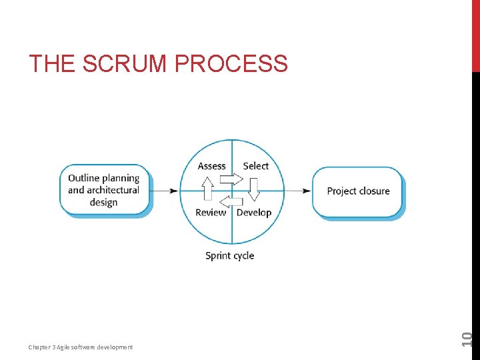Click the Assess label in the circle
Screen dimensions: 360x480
212,166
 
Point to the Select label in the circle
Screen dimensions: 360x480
255,166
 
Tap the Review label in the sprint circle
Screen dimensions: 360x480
211,213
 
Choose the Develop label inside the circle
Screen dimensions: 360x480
254,213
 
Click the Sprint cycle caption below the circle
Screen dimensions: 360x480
229,255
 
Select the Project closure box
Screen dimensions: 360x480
358,191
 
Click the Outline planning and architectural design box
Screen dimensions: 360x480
104,190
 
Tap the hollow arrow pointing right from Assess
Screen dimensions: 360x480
231,179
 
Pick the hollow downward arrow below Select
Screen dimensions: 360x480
254,189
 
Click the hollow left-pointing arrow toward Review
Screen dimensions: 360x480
231,201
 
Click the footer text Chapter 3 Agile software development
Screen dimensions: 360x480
80,347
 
